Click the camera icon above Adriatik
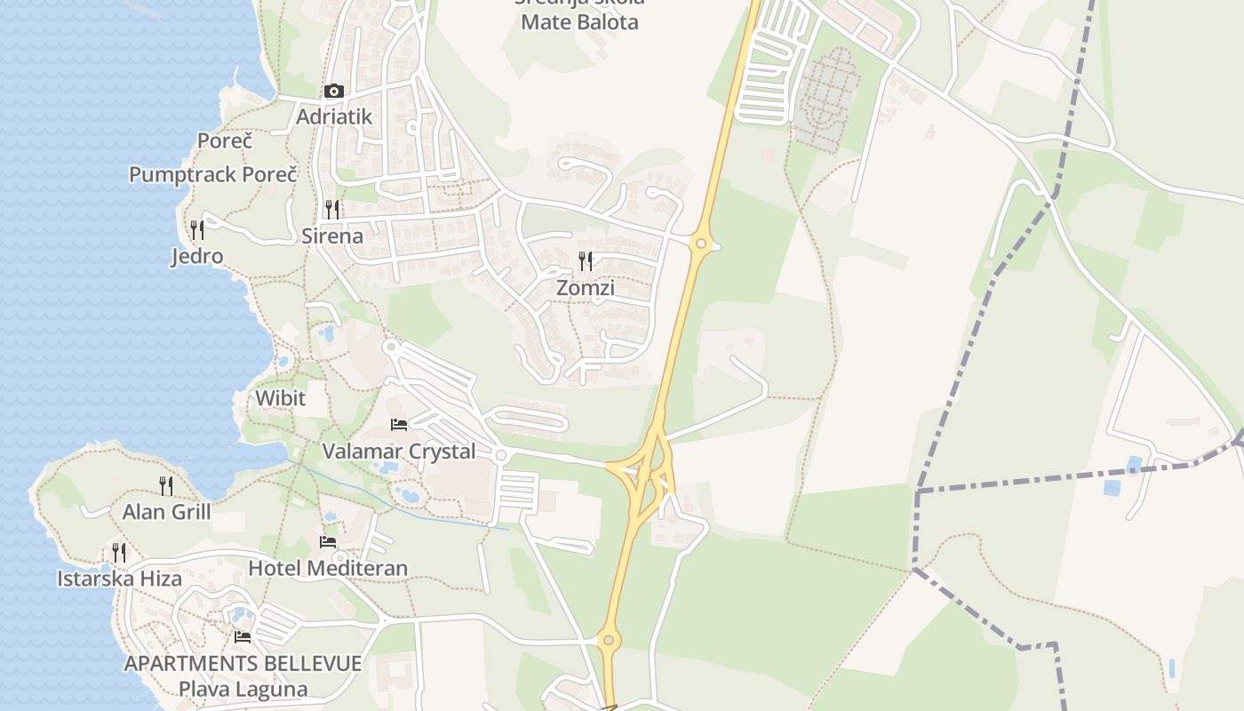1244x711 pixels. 334,92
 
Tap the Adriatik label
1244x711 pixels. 334,116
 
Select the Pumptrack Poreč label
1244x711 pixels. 213,174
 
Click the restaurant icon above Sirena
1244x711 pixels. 332,210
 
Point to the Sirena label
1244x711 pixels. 332,236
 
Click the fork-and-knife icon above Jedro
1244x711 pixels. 197,230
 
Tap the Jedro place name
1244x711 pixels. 197,257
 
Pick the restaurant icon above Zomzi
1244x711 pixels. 586,261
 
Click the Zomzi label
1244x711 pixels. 586,288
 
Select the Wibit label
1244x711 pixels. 281,398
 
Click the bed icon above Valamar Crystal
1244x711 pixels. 399,425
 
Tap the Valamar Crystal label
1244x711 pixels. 399,451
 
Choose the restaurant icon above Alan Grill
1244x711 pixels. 166,485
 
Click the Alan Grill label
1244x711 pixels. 167,512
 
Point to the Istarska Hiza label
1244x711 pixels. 120,579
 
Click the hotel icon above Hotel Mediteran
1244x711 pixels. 328,542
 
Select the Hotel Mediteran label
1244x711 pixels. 328,568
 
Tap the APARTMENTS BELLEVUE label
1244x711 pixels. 243,663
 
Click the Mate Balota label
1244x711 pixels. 579,22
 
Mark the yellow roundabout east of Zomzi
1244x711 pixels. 702,243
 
